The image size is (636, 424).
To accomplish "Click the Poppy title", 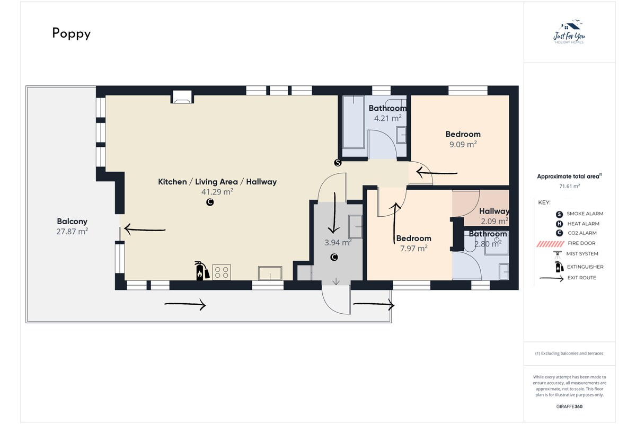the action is [x=71, y=33].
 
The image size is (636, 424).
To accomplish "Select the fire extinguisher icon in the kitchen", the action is [x=202, y=271].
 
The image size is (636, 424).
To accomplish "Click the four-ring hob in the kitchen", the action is [x=222, y=272].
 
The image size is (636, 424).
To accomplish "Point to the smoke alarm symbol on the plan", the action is [x=338, y=163].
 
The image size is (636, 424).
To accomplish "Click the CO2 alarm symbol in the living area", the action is [x=210, y=202].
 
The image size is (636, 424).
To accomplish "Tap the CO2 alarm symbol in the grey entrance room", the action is [x=334, y=257].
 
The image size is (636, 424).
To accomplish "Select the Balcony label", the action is [x=72, y=221].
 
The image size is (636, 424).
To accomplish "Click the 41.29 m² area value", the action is [x=217, y=192].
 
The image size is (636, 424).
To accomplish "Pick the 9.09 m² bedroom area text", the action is [x=463, y=144].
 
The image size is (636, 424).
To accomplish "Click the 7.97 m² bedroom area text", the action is [x=414, y=248].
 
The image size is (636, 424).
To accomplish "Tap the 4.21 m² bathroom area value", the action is [x=387, y=118].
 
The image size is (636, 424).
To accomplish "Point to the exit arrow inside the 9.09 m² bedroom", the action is [x=437, y=172].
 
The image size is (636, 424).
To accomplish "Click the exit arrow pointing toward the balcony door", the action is [x=145, y=229].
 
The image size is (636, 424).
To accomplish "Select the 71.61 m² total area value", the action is [x=569, y=187].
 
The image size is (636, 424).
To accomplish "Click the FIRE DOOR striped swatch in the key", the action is [x=550, y=244].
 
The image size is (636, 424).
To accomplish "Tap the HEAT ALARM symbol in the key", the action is [x=559, y=224].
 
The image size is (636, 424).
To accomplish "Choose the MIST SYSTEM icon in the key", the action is [x=558, y=254].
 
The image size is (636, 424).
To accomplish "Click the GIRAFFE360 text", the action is [x=569, y=407].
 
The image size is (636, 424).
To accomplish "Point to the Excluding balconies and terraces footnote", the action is [x=569, y=354].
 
